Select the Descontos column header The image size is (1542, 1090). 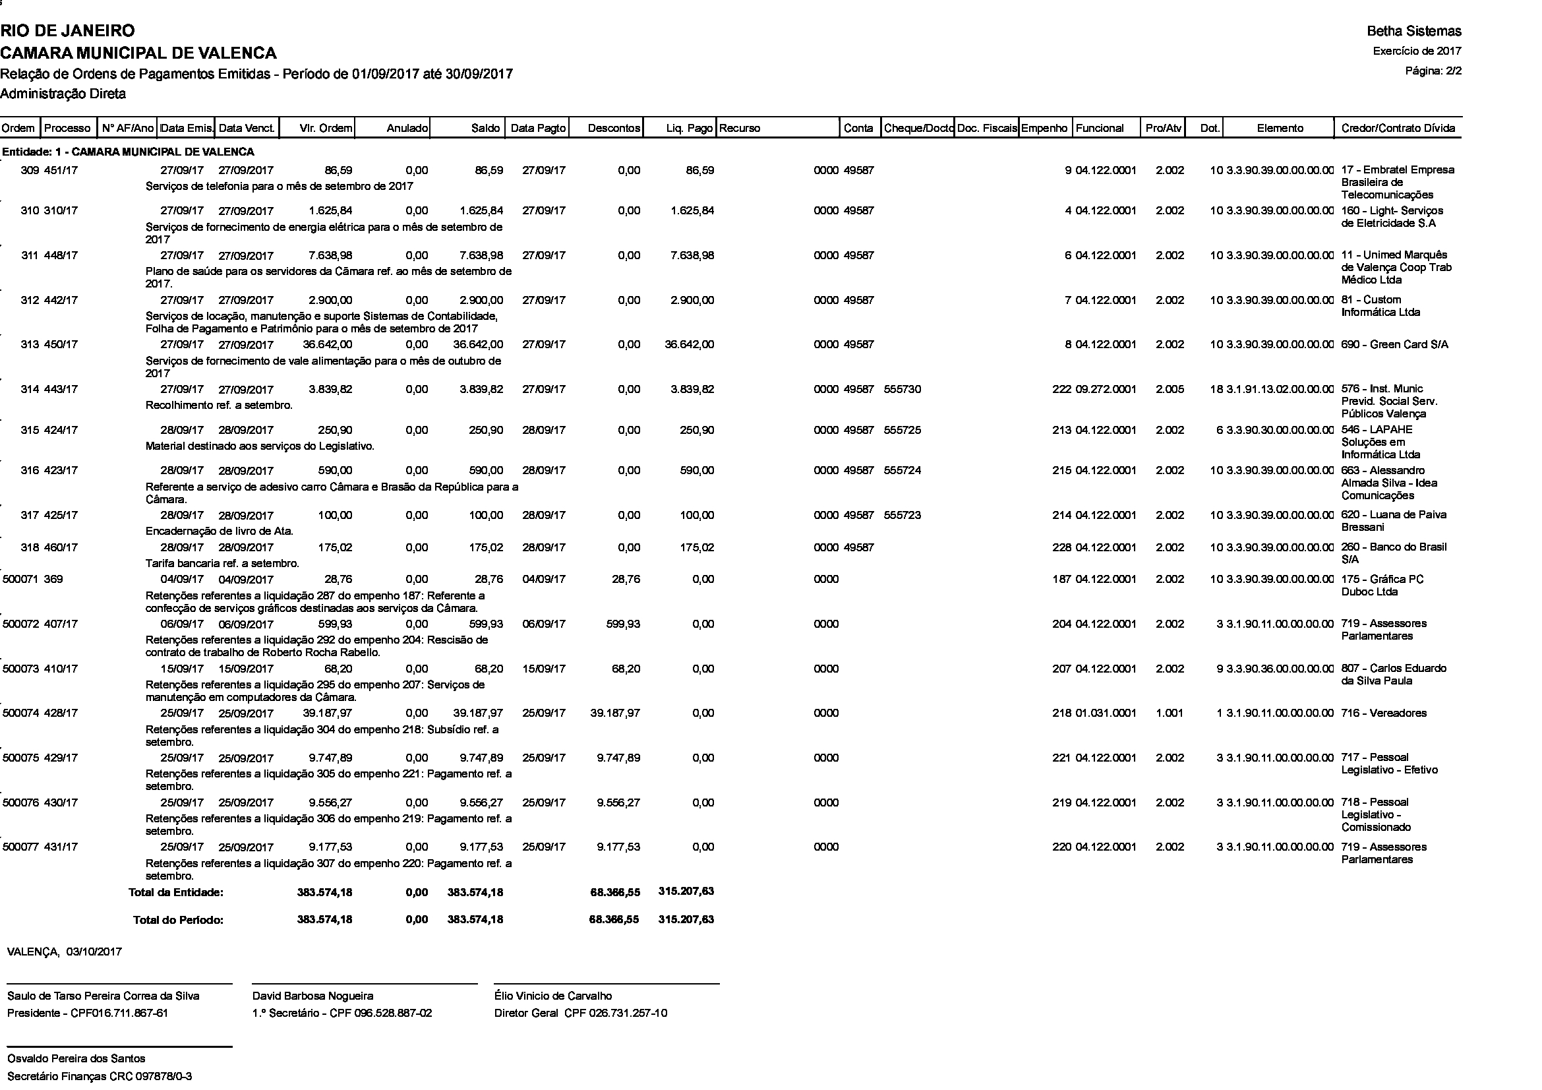(614, 129)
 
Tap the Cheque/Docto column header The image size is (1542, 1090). (918, 129)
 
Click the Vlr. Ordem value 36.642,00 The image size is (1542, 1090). (327, 344)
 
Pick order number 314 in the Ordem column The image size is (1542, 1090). (30, 390)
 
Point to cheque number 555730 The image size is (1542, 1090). (903, 390)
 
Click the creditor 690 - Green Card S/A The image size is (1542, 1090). (1394, 344)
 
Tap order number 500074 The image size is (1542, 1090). (21, 713)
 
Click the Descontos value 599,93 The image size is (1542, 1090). (622, 624)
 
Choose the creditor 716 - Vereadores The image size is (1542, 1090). (1384, 713)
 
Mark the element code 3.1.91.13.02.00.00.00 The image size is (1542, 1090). (1280, 390)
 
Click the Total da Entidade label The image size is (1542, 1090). (176, 893)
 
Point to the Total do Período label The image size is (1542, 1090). (178, 920)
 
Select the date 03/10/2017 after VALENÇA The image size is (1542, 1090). (94, 952)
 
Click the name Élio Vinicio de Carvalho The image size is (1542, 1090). (552, 996)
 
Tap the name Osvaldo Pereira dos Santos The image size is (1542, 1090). (76, 1058)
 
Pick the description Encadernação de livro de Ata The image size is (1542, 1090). (220, 531)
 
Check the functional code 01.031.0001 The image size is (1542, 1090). (1106, 713)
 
